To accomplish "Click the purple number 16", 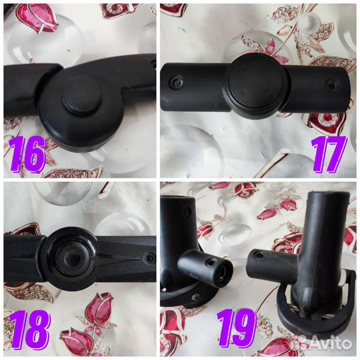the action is tap(27, 153).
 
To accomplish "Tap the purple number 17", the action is tap(329, 154).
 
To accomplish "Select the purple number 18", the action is tap(30, 329).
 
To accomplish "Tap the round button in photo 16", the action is tap(82, 96).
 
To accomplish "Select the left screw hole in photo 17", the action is tap(176, 82).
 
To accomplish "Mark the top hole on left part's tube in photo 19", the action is tap(187, 211).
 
